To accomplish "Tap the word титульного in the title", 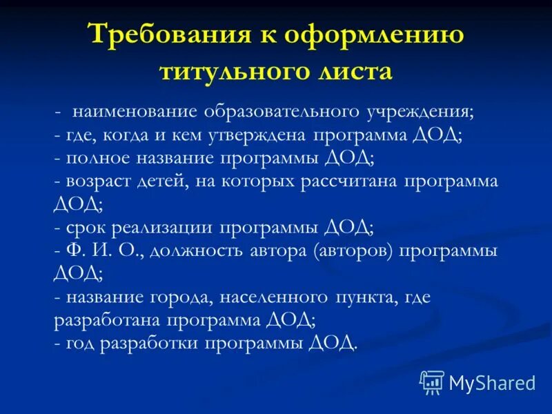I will (237, 71).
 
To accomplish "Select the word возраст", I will (101, 181).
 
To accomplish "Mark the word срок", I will (85, 227).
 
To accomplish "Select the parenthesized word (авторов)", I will (353, 250).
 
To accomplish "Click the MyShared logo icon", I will (432, 381).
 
